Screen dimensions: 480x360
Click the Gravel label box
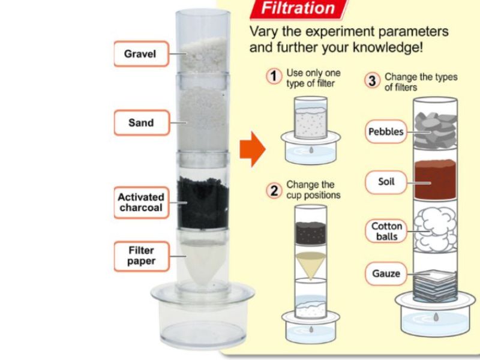(141, 53)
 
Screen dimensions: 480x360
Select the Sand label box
(142, 122)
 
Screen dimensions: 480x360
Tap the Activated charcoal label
(141, 202)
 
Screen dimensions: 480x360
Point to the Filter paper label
(141, 256)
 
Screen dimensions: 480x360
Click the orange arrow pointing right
(252, 149)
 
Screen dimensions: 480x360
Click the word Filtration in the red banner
(298, 8)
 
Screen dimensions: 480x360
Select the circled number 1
(274, 76)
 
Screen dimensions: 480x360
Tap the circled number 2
(274, 190)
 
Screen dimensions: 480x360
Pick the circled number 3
(372, 81)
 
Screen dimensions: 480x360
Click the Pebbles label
(386, 131)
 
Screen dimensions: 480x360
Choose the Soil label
(386, 182)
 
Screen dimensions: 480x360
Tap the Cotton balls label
(386, 231)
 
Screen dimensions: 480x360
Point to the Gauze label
(386, 274)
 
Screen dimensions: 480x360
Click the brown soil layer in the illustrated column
(435, 179)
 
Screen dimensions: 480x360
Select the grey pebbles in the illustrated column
(436, 130)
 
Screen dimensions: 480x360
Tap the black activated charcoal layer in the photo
(203, 203)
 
